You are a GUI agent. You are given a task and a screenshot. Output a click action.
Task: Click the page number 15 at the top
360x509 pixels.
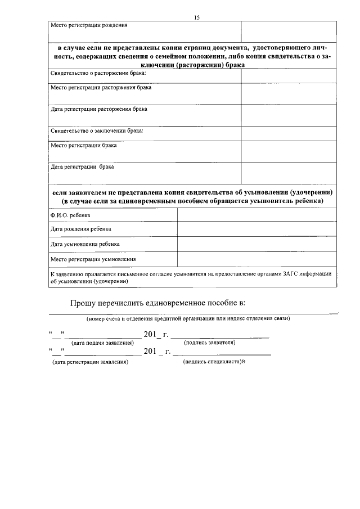197,18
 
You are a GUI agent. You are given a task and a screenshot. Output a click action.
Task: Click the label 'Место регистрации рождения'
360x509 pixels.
89,25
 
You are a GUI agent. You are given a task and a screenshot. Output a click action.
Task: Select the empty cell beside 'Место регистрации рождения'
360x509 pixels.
289,31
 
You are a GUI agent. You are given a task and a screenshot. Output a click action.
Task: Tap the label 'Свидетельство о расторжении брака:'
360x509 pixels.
98,74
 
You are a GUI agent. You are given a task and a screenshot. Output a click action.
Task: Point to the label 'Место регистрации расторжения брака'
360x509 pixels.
101,88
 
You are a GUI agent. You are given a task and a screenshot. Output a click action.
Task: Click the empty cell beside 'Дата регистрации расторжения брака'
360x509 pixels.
289,115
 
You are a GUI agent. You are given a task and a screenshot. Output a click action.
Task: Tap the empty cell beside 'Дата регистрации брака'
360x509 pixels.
289,173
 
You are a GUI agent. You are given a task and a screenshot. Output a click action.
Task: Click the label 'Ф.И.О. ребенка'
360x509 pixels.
70,215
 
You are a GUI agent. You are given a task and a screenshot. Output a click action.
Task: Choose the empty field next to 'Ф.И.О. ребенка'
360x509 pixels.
257,215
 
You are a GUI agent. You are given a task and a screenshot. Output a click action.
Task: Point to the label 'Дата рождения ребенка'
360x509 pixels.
81,229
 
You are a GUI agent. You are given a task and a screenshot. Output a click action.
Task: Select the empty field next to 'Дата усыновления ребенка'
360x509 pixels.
257,245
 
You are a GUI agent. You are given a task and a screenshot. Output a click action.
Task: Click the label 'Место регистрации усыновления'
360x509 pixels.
93,259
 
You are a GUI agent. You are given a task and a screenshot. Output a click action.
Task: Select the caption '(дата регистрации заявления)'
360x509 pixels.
90,363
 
